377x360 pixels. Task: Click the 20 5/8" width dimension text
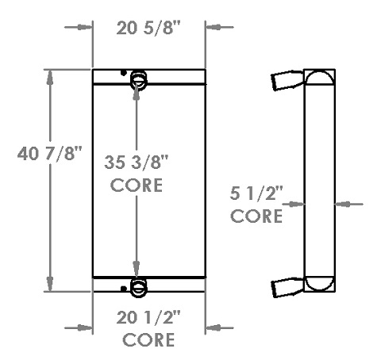148,29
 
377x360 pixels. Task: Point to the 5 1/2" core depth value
257,193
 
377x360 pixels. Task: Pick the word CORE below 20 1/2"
149,341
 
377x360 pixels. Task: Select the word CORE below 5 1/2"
257,215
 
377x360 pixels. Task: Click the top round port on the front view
138,78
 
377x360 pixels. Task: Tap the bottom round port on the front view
138,285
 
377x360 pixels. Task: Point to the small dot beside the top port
124,74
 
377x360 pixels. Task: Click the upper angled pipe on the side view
287,81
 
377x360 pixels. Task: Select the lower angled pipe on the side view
287,289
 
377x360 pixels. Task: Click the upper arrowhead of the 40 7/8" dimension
52,77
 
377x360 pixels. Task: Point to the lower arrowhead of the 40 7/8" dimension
52,286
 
